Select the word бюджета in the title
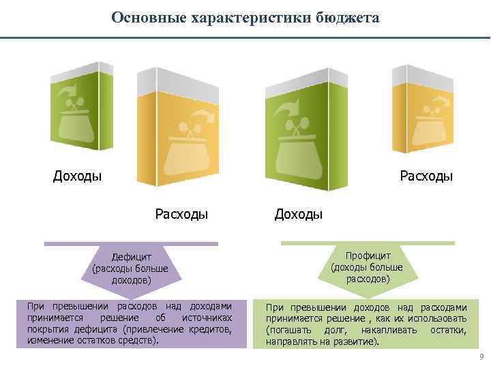coord(346,17)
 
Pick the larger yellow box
coord(179,129)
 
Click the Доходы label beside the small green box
coord(78,177)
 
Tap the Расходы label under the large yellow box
coord(181,215)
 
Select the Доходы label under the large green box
coord(299,215)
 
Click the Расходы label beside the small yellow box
coord(426,177)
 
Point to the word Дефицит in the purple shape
coord(130,258)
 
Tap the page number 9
coord(481,356)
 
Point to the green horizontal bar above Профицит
coord(368,243)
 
